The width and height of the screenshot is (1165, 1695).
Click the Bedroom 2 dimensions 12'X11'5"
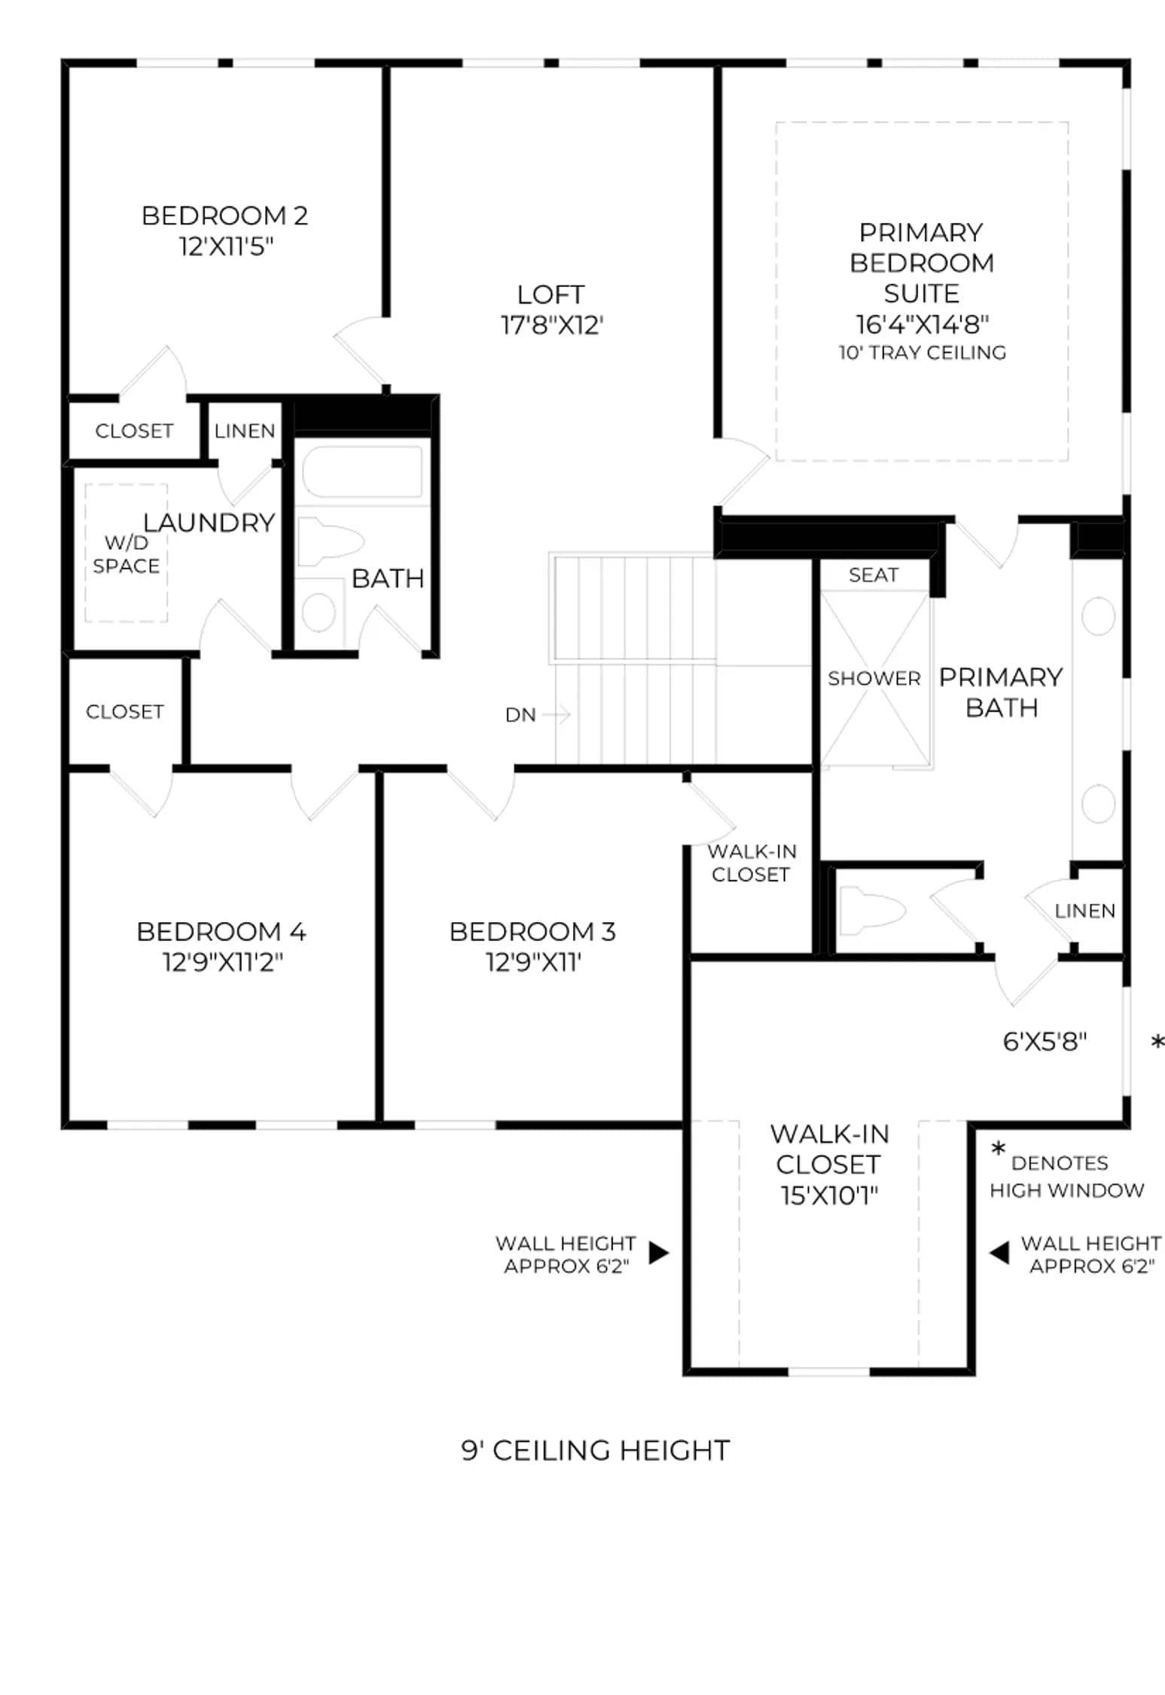(226, 246)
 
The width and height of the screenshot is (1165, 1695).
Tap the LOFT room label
(550, 295)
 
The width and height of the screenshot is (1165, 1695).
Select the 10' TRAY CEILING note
(923, 353)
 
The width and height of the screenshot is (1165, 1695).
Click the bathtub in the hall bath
(362, 472)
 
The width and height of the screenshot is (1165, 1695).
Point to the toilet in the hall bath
(330, 542)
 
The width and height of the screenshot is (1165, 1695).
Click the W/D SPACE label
(127, 554)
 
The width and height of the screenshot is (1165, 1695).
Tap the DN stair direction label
(520, 715)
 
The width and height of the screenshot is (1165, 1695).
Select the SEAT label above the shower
(874, 576)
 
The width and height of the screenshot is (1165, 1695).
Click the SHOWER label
(874, 679)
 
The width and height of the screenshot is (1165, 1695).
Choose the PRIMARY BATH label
(1001, 692)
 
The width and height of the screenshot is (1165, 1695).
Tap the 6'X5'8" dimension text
(1045, 1042)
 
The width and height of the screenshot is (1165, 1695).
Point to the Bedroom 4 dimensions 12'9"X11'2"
(222, 963)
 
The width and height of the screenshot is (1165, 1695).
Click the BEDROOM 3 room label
(532, 932)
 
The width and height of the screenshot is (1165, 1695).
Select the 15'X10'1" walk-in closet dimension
(829, 1196)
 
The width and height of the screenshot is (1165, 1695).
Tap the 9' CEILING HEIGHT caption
(596, 1451)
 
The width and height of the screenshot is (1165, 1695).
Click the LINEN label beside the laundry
(245, 431)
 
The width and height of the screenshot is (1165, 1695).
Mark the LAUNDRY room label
(209, 523)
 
